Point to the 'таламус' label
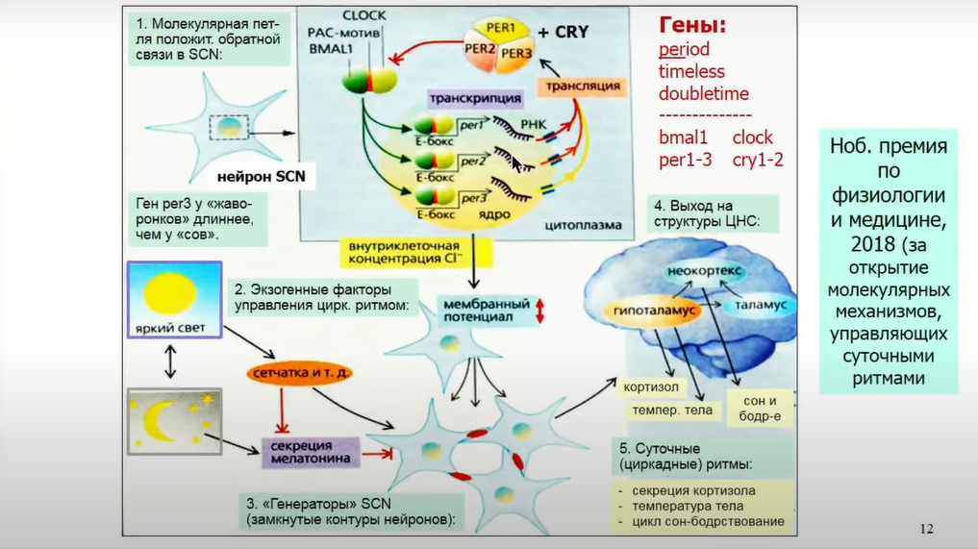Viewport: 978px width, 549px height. (760, 304)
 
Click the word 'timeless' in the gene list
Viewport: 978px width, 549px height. (691, 72)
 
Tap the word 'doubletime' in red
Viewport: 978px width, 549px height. (703, 94)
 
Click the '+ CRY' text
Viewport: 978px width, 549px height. (563, 32)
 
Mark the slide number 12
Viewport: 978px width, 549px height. (926, 528)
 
